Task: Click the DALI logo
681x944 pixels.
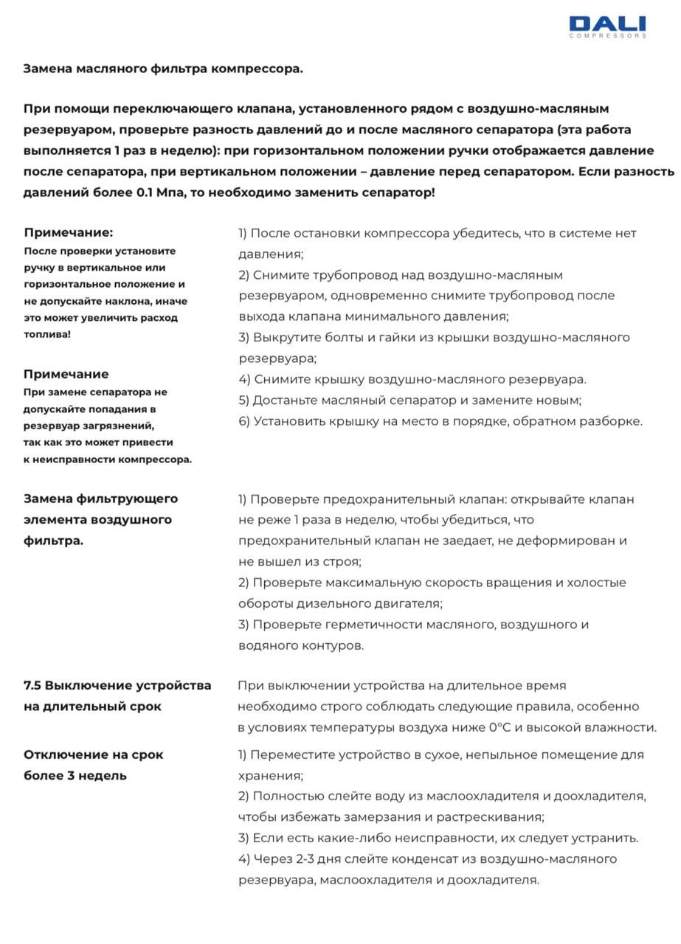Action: tap(607, 24)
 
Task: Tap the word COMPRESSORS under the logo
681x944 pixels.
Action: tap(607, 35)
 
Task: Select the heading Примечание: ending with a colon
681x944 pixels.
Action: tap(69, 233)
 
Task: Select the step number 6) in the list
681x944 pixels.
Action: tap(244, 422)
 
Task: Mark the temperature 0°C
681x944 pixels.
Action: tap(500, 728)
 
